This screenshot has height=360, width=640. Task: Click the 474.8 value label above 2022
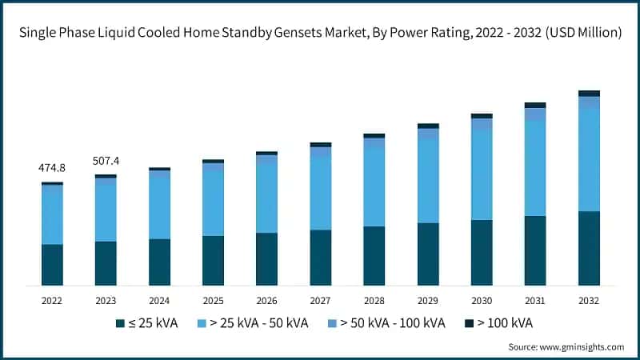click(52, 169)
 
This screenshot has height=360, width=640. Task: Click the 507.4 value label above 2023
click(106, 161)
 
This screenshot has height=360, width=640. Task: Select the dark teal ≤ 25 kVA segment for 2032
click(589, 248)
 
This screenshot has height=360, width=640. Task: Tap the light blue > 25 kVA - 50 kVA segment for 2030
click(482, 174)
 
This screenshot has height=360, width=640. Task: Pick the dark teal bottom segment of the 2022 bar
click(52, 265)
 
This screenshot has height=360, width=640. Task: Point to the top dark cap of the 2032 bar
click(589, 94)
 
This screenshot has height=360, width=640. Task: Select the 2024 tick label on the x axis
click(159, 300)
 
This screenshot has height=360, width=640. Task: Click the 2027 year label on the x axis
click(320, 300)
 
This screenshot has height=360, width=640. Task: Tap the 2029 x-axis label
click(428, 300)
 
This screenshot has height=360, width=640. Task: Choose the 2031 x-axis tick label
click(535, 300)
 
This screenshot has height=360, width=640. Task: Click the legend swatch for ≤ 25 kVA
click(120, 323)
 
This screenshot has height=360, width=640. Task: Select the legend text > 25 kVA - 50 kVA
click(258, 323)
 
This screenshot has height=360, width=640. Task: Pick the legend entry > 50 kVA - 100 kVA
click(392, 323)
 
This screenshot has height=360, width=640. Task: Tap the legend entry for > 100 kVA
click(504, 323)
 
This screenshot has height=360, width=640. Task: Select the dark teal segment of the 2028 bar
click(374, 256)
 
